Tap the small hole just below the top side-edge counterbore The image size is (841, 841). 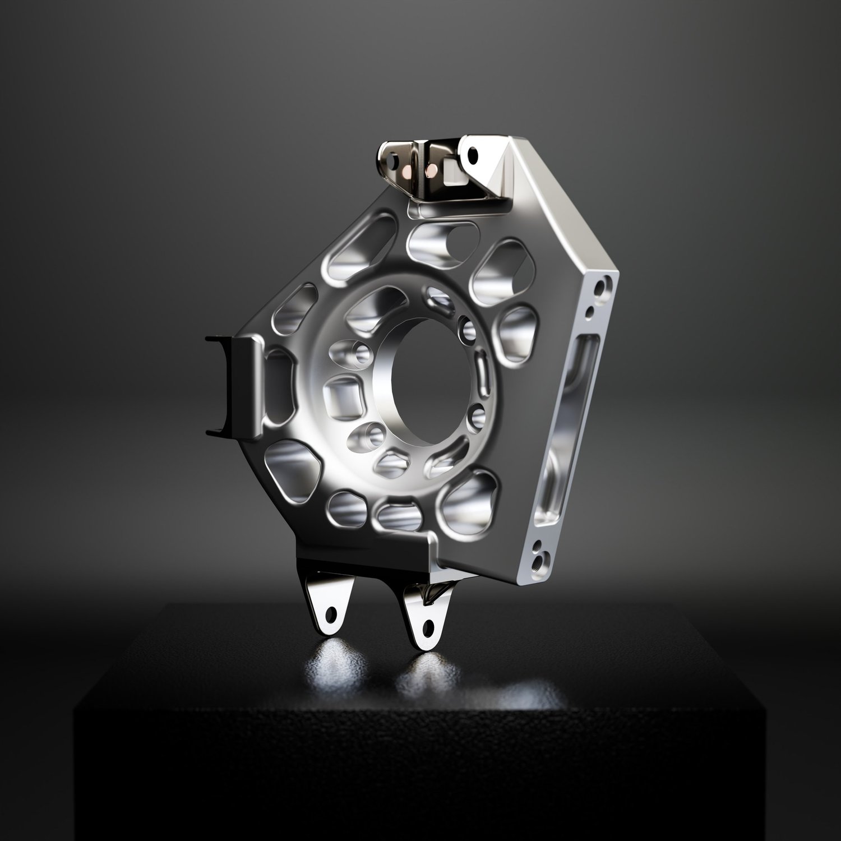(589, 310)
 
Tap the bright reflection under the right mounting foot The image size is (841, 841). (426, 667)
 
